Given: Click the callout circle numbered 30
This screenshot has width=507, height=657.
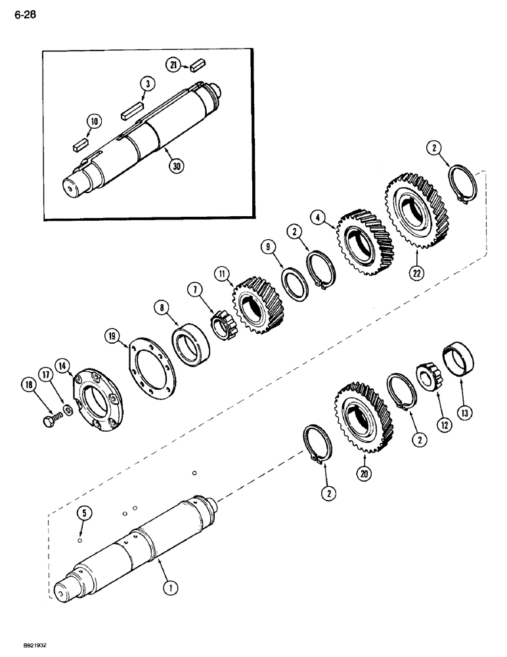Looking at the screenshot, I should (175, 166).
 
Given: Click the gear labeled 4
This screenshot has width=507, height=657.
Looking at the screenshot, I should (364, 242).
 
